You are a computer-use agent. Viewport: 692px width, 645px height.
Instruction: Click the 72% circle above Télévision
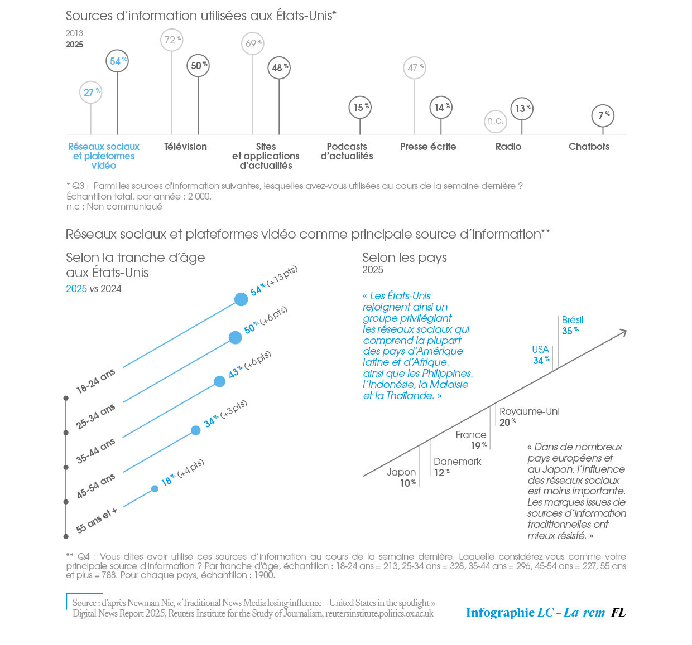tap(172, 40)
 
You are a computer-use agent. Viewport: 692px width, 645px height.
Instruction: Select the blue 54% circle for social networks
tap(117, 61)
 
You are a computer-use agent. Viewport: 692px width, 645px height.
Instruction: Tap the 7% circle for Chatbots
tap(603, 116)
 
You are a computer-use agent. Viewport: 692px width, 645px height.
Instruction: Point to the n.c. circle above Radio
tap(495, 121)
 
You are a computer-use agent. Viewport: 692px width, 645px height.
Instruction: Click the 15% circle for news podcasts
tap(360, 107)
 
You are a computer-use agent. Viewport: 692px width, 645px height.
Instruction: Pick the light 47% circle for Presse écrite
tap(415, 68)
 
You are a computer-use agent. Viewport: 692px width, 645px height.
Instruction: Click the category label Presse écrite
tap(428, 147)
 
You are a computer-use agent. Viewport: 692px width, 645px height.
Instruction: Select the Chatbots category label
tap(589, 147)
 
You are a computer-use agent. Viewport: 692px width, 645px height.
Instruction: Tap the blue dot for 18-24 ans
tap(241, 299)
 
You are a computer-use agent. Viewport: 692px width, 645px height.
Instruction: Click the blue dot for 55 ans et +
tap(155, 489)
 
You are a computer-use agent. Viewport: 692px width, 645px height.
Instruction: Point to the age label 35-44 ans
tap(96, 450)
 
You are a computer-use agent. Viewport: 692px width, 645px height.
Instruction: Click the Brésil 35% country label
tap(572, 326)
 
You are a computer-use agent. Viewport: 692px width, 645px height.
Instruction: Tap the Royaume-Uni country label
tap(529, 411)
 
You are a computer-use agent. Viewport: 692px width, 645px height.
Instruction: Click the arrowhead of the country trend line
tap(623, 332)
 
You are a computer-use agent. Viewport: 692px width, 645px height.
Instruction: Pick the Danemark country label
tap(457, 462)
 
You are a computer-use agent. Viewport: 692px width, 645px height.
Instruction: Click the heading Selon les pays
tap(405, 258)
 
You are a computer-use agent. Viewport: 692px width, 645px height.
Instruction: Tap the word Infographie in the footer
tap(500, 613)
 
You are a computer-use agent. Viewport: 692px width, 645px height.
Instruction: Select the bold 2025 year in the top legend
tap(74, 45)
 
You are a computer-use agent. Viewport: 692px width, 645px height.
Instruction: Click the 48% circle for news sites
tap(279, 68)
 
